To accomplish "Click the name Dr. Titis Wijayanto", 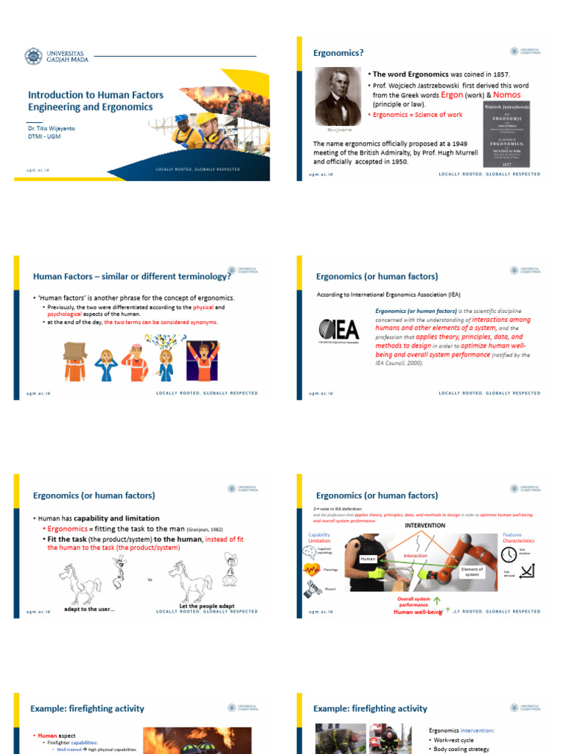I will click(51, 127).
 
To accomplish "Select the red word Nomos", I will click(506, 95).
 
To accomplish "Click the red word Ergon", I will click(452, 95).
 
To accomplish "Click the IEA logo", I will click(339, 329).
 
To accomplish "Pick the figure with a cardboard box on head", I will click(75, 360).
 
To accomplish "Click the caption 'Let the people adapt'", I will click(207, 607).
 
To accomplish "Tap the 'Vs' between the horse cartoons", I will click(150, 579).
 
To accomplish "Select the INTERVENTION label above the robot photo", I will click(424, 525).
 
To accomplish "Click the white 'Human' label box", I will click(368, 560).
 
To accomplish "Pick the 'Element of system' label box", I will click(472, 571).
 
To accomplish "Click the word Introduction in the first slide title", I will click(56, 95).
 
